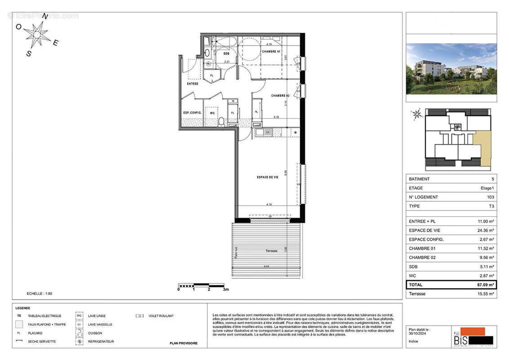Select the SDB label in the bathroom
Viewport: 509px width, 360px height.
point(226,54)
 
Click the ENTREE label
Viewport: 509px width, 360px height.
point(192,84)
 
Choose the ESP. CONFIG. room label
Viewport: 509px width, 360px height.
point(192,112)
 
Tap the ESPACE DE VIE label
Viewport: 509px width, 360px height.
point(268,177)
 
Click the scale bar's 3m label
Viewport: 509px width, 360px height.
point(225,289)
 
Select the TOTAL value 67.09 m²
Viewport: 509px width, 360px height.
point(485,285)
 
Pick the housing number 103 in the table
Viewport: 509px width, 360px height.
point(490,197)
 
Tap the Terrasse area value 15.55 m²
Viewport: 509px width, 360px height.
point(485,294)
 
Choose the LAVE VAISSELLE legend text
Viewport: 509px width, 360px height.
point(100,324)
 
